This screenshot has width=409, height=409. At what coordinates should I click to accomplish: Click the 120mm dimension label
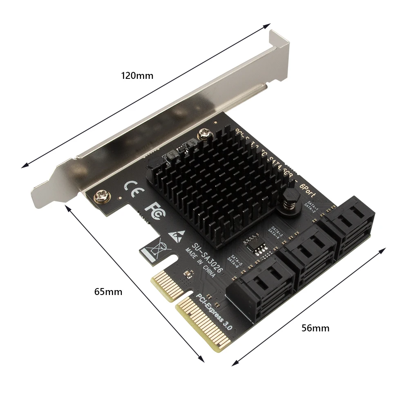coord(137,76)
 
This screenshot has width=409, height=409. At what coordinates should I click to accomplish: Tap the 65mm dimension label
coord(108,292)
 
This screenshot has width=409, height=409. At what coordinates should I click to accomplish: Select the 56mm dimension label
coord(315,328)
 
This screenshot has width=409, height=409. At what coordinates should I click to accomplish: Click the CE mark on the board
coord(134,188)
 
